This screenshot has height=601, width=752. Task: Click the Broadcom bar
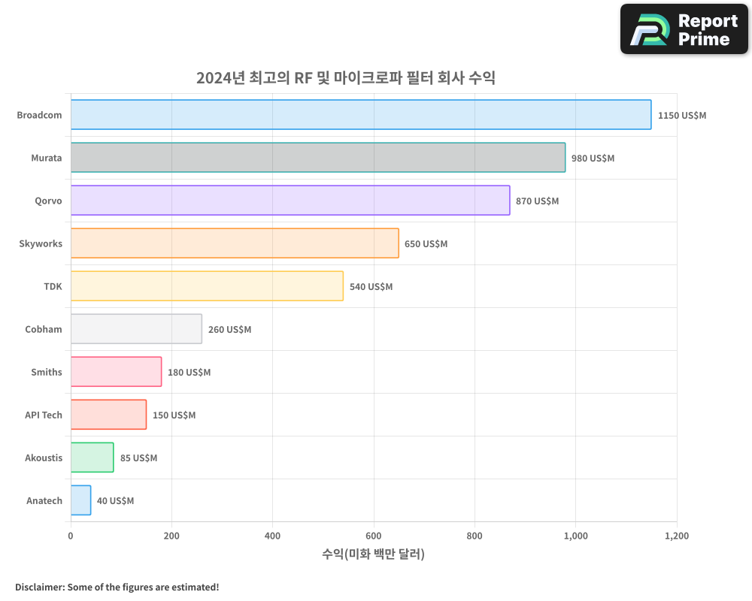(361, 115)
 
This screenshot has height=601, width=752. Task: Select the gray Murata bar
(318, 158)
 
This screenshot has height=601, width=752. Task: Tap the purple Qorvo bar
(290, 201)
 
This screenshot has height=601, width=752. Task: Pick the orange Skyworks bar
(235, 243)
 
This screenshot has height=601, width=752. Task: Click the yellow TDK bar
(207, 286)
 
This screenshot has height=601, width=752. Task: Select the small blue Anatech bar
(80, 500)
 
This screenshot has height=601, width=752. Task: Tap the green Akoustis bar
(92, 458)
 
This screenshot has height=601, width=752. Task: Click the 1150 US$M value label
(681, 116)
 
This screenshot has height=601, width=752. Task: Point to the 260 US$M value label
(229, 330)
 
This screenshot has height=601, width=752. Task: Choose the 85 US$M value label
(138, 458)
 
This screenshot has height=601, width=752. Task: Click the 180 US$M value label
(189, 373)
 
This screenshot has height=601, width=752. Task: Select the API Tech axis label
(44, 415)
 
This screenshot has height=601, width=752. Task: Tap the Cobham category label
(44, 329)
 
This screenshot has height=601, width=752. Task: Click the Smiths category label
(47, 372)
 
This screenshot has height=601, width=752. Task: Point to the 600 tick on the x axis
(374, 536)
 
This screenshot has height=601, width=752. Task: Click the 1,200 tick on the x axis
(676, 536)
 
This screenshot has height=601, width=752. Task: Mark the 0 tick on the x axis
(71, 536)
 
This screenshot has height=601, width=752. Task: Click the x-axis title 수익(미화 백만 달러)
(374, 554)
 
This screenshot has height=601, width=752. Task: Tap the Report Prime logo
(684, 29)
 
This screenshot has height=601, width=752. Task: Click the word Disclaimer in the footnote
(39, 587)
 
